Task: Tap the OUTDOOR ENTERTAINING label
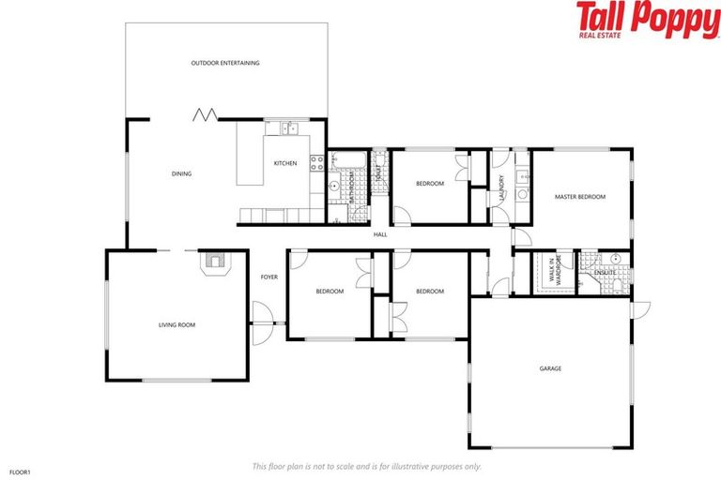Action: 225,63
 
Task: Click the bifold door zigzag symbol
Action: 205,114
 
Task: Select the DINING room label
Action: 181,173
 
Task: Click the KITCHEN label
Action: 285,163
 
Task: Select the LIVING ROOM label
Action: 176,325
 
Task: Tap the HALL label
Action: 380,234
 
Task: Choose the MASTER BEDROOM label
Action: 580,197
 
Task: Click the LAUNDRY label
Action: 502,187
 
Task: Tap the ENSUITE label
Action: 605,272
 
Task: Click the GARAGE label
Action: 550,368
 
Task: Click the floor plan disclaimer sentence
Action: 367,466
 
